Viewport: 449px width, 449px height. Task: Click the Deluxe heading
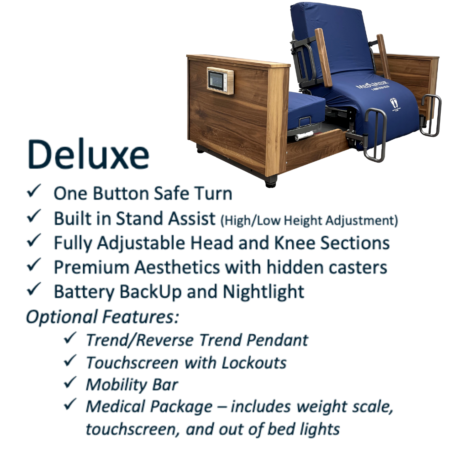88,155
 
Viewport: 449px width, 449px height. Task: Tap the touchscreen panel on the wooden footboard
220,81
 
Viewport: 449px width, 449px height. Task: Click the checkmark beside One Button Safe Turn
34,191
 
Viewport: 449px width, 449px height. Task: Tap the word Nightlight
263,292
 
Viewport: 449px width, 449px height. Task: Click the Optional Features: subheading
103,317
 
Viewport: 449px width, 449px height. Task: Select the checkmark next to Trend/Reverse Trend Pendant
70,338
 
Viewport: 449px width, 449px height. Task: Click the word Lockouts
254,363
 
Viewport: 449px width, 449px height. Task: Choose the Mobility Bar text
132,384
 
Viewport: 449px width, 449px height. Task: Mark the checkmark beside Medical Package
70,404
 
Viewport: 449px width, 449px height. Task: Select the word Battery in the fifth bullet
84,292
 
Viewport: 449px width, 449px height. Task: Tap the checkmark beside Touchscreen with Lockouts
70,360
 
